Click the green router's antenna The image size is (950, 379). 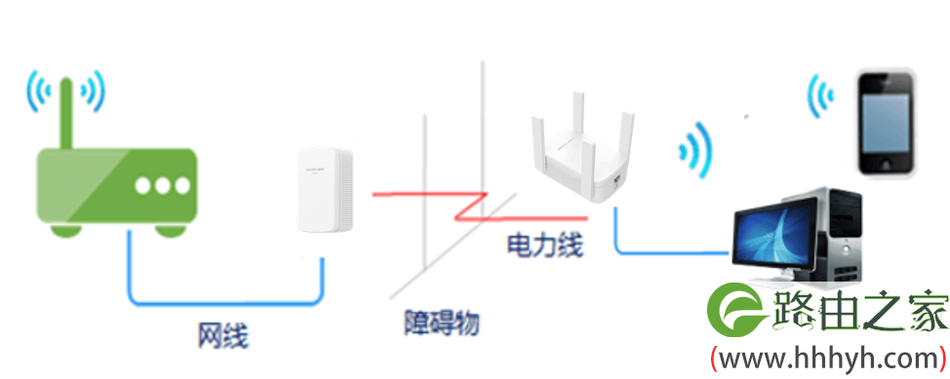(x=66, y=114)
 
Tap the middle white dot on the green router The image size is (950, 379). (x=162, y=186)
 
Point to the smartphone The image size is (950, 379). (x=886, y=125)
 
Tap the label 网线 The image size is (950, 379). (x=223, y=336)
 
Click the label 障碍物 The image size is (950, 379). (x=442, y=323)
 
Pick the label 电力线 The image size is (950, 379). (x=544, y=246)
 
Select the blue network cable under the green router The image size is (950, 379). (x=225, y=301)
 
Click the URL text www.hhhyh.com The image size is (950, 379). (x=828, y=359)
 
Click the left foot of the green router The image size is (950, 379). (x=66, y=230)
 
